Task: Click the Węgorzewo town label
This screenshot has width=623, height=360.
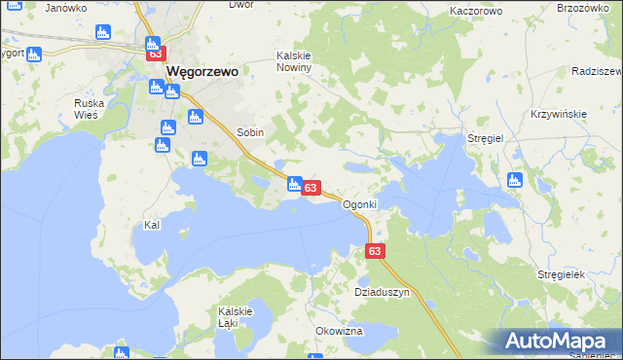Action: pos(202,72)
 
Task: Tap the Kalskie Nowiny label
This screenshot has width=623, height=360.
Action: pos(293,61)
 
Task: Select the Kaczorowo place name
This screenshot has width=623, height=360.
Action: pos(476,11)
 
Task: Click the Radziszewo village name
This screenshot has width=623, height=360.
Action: pos(598,72)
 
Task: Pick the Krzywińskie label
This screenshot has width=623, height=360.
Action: pos(558,114)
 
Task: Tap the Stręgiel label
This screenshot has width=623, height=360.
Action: pos(485,139)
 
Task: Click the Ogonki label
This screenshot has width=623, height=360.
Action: pos(359,205)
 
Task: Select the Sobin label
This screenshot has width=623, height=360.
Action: pos(251,131)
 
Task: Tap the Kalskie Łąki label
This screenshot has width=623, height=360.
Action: pos(235,316)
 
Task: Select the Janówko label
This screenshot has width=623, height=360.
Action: pos(66,7)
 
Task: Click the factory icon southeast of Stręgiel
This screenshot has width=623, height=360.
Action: pos(515,180)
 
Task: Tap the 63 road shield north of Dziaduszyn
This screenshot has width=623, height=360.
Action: pos(377,251)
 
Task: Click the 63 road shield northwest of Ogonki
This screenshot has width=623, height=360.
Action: pos(311,187)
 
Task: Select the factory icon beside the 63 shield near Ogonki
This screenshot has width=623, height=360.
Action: pos(294,182)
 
